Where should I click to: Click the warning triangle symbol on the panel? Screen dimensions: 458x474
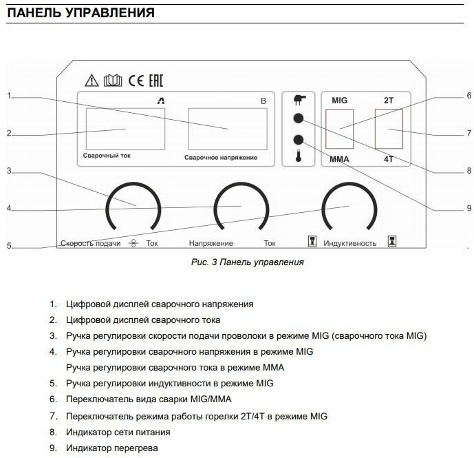(x=91, y=79)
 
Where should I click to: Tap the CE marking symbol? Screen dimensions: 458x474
(x=136, y=79)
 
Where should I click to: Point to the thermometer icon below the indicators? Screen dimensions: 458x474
(x=299, y=156)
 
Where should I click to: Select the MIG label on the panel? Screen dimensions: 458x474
(x=339, y=101)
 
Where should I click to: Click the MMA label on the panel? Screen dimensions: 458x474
(x=341, y=159)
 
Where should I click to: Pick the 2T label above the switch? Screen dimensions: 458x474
(x=389, y=101)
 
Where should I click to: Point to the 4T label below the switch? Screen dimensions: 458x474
(x=389, y=159)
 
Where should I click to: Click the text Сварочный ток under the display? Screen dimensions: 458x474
(x=107, y=156)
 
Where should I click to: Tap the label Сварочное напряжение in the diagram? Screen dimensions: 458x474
(x=221, y=158)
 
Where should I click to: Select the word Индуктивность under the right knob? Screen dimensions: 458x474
(x=349, y=243)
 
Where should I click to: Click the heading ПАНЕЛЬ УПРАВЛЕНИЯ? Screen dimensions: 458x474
(x=80, y=13)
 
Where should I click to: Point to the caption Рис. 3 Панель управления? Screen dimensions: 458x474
(x=247, y=262)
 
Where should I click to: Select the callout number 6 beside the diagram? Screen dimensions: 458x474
(x=468, y=96)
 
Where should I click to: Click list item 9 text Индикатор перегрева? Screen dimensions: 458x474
(x=111, y=448)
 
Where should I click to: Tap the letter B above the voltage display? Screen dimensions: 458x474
(x=262, y=101)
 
